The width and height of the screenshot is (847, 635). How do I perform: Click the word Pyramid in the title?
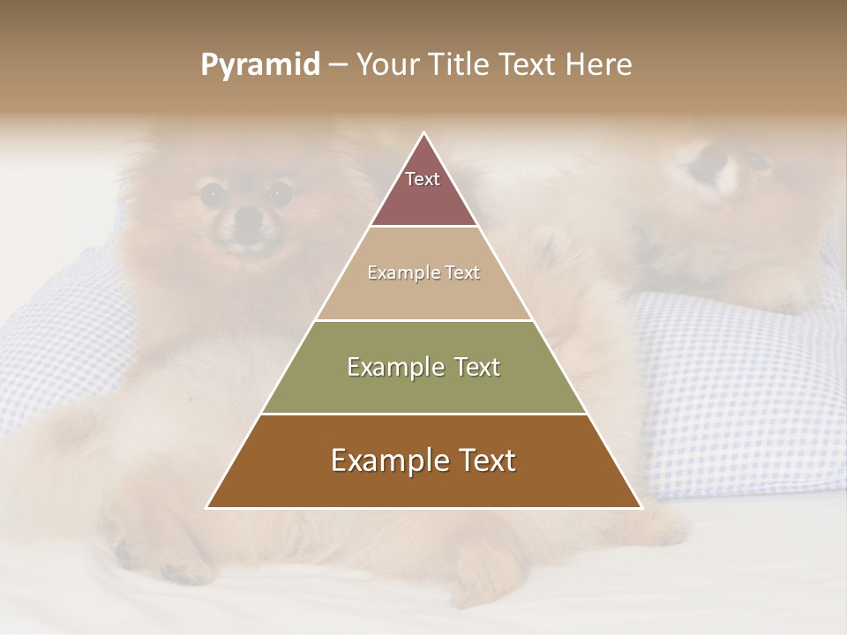[x=260, y=65]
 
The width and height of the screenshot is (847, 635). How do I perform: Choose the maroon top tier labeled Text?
[x=423, y=190]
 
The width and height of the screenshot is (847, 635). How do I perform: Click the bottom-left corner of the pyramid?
[x=208, y=507]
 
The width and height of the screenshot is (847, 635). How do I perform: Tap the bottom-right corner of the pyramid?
[x=640, y=507]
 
